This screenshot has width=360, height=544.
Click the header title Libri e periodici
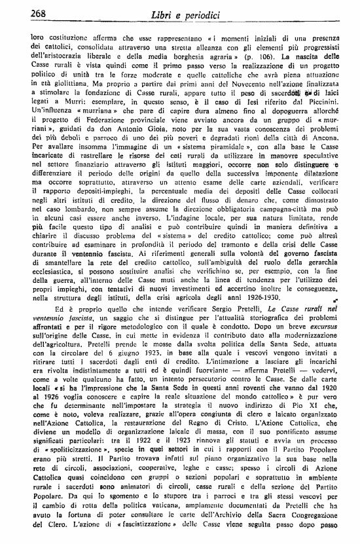tap(186, 14)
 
